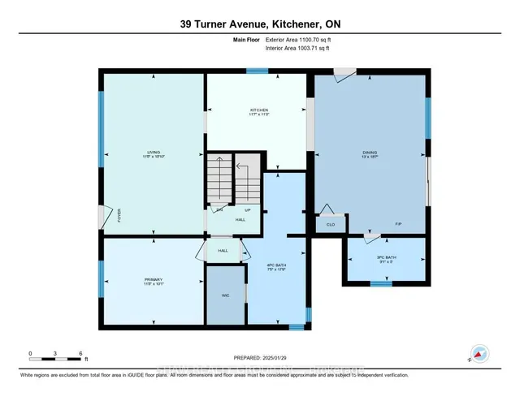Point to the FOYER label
click(119, 217)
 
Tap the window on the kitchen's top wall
click(258, 71)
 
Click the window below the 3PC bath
click(375, 283)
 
